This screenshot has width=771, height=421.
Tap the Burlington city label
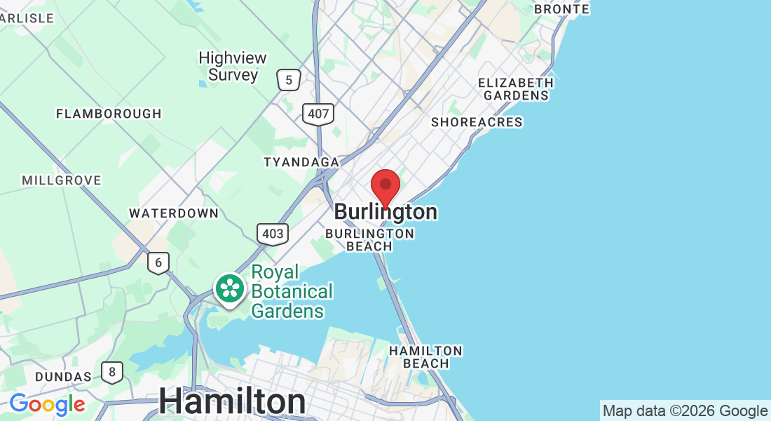pos(385,212)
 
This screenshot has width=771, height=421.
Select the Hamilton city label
pos(232,402)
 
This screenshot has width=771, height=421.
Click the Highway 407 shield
pos(318,114)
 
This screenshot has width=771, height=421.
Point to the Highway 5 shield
pos(288,80)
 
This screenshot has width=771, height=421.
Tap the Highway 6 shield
pos(158,263)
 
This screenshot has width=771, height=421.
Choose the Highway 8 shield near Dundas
pos(112,372)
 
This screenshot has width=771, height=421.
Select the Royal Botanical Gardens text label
pos(292,291)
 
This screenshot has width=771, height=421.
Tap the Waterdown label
pos(174,213)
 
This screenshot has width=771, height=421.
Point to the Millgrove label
pos(62,180)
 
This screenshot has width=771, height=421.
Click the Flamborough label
pos(109,114)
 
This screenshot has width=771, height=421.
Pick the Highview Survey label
pos(228,67)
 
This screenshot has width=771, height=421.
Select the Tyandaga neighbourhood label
pos(301,163)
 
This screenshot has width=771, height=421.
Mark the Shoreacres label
pos(477,122)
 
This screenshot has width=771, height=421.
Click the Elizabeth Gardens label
pos(516,89)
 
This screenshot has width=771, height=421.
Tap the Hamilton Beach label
pos(425,356)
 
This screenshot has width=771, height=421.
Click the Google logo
pos(47,404)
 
